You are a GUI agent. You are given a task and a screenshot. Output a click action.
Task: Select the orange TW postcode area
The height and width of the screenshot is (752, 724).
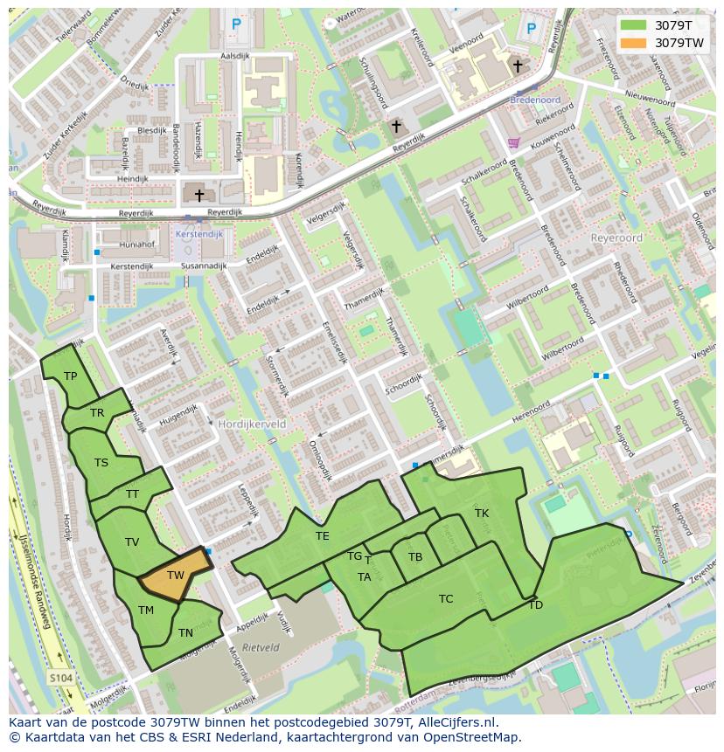click(176, 575)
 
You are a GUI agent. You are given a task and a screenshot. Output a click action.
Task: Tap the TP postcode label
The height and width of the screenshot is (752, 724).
click(71, 376)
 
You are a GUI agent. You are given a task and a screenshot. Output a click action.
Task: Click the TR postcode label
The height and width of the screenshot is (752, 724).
click(97, 413)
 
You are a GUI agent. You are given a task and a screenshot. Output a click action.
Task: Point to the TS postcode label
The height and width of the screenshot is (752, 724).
click(101, 463)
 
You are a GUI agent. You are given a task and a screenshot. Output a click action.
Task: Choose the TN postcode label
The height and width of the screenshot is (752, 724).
click(185, 633)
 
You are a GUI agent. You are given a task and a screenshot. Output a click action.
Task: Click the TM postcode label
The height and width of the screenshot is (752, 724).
click(146, 611)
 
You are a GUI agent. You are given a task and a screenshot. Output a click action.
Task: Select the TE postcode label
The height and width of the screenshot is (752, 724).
click(323, 536)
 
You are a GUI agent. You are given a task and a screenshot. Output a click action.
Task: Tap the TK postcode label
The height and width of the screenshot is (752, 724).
click(482, 514)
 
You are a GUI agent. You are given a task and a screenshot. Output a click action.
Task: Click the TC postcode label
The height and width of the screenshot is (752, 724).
click(446, 599)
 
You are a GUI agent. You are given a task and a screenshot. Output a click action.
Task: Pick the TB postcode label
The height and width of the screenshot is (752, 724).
click(415, 557)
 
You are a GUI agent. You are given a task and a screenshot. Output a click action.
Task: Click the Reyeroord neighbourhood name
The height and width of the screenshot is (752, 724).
click(616, 238)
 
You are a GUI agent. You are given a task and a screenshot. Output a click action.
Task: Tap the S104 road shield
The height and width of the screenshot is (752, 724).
click(59, 678)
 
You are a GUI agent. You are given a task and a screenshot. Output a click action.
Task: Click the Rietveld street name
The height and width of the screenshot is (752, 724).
click(261, 648)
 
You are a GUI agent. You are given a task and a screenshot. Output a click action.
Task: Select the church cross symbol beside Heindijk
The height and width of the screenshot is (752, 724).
click(199, 196)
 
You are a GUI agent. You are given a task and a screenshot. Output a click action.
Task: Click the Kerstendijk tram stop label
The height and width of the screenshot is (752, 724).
click(199, 234)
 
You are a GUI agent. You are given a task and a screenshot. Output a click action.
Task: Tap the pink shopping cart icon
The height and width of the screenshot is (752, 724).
click(513, 142)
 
